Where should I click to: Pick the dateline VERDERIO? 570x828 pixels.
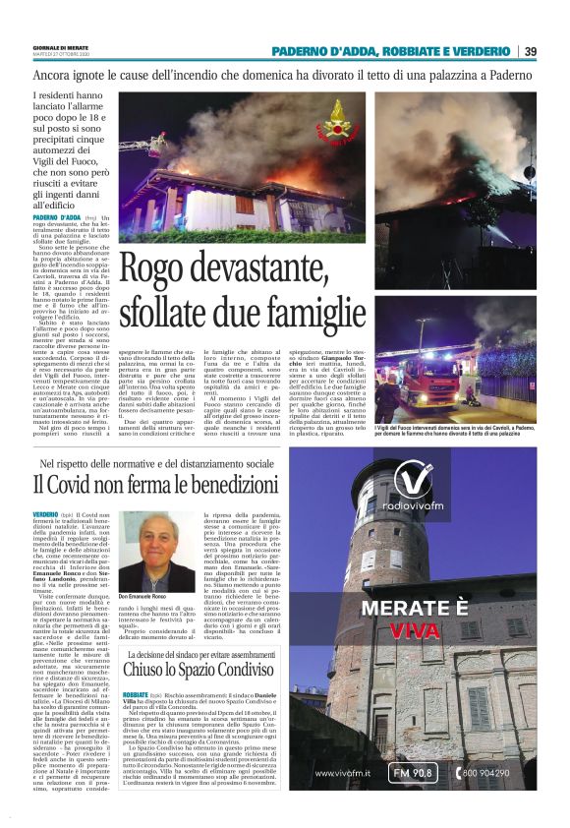(45, 514)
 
